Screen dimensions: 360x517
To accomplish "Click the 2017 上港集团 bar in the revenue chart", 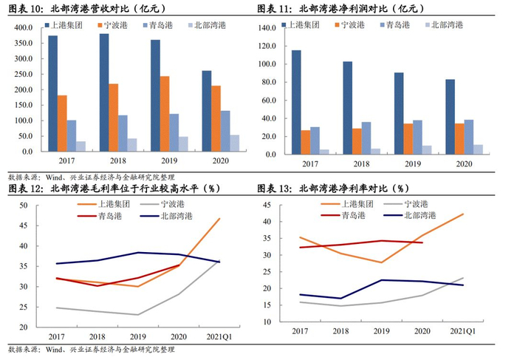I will [x=52, y=93].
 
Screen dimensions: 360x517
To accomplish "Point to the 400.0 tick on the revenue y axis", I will [x=24, y=27].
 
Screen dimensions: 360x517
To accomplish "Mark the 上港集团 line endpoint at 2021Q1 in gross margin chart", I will [x=219, y=219].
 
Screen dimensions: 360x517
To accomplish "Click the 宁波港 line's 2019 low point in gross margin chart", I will [x=137, y=315].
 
